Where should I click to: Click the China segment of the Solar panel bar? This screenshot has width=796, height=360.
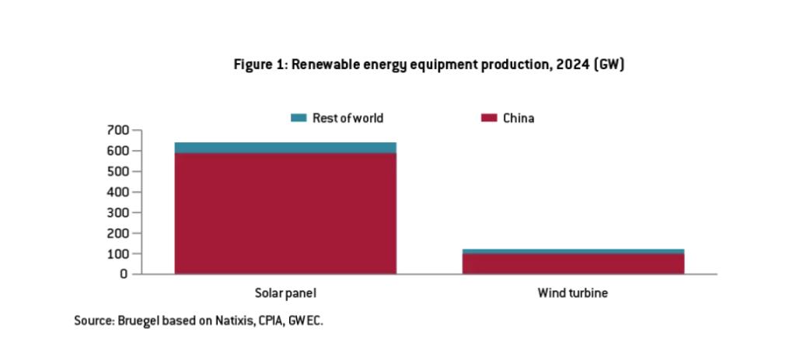(x=285, y=213)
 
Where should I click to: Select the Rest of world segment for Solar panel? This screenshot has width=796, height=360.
(x=285, y=148)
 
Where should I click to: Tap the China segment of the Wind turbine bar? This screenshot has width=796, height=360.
(x=573, y=264)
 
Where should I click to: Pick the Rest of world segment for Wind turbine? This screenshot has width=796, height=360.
(x=573, y=251)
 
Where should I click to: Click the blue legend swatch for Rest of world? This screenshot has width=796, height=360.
(x=299, y=118)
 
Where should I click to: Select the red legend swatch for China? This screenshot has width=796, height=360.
(x=489, y=118)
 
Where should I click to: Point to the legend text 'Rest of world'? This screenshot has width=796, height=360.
(x=347, y=118)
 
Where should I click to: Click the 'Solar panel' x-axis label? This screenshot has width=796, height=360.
(x=285, y=294)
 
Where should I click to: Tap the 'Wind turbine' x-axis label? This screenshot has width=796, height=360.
(x=573, y=294)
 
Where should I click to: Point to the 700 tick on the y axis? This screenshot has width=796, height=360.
(x=117, y=130)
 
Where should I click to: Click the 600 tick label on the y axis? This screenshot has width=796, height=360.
(x=117, y=151)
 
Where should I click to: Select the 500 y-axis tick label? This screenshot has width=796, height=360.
(x=117, y=171)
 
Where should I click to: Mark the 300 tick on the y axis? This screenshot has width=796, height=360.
(x=117, y=212)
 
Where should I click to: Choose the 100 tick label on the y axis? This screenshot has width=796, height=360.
(x=117, y=253)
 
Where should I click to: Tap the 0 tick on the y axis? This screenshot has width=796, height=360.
(x=124, y=274)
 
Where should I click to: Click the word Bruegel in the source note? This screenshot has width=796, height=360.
(x=136, y=320)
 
